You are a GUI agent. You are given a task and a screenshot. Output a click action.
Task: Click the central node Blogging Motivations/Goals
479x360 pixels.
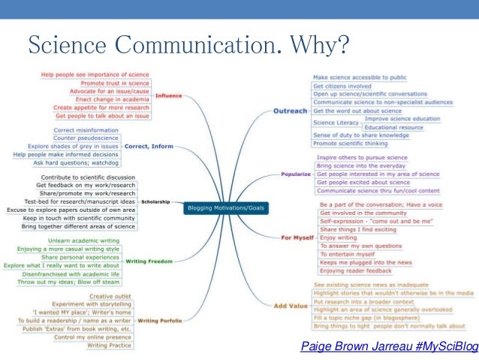[225, 207]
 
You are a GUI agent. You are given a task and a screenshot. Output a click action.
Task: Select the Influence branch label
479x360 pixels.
[168, 95]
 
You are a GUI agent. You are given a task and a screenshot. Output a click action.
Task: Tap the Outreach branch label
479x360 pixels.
[291, 110]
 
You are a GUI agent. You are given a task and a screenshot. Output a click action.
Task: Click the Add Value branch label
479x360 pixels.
[291, 305]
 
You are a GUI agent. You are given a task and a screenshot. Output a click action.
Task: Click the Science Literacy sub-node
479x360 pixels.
[335, 123]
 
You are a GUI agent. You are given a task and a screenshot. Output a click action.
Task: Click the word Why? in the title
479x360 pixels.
[319, 45]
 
